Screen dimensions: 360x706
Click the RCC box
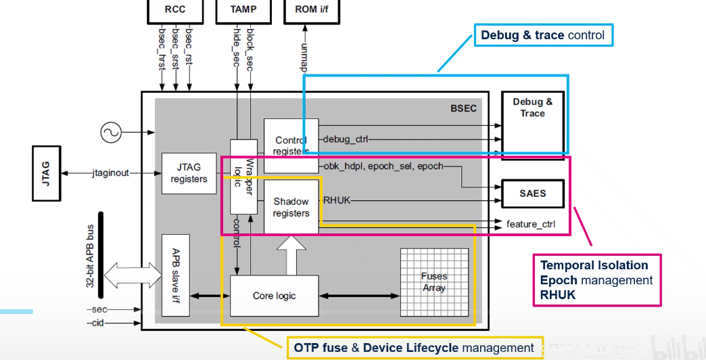pos(175,9)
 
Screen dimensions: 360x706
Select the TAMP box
pos(243,9)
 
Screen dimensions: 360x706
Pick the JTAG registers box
pos(189,173)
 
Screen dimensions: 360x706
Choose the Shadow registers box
pos(291,207)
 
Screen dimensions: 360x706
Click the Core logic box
pos(274,296)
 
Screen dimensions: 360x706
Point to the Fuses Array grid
pos(434,282)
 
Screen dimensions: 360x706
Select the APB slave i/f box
pos(175,275)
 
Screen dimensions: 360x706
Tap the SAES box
pos(532,194)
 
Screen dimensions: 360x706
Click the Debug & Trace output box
pos(532,108)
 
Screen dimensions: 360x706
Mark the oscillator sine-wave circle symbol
pos(111,133)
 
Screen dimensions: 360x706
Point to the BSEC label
pos(463,108)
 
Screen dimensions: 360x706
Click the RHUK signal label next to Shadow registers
pos(336,200)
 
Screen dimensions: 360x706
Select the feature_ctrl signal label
pos(531,223)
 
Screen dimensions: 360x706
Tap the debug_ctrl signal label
pos(345,139)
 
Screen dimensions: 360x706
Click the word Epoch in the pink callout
pos(559,279)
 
